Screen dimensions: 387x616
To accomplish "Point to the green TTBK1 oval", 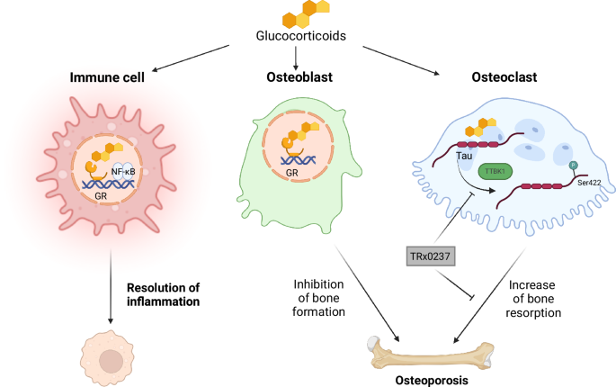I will click(498, 172).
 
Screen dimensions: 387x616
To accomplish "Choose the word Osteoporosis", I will click(432, 381).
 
